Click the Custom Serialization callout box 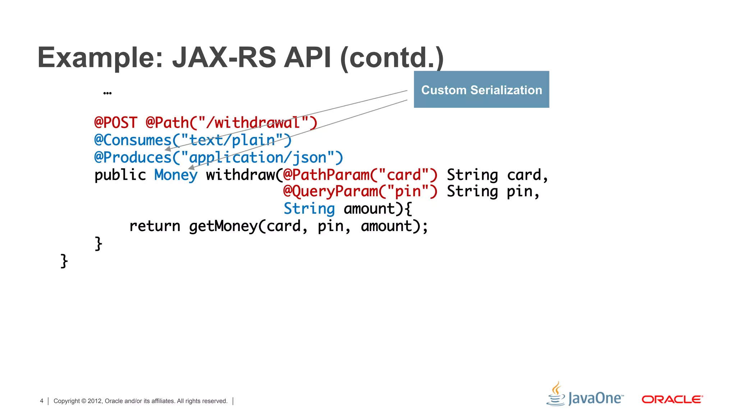click(x=481, y=89)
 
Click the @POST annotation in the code click(x=116, y=123)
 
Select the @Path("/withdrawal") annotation click(x=231, y=123)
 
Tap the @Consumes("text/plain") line click(x=193, y=140)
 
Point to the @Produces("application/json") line click(x=218, y=158)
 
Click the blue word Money click(x=176, y=175)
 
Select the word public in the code click(x=120, y=175)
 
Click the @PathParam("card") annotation click(x=360, y=175)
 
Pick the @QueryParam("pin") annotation click(x=360, y=192)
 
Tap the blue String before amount click(x=309, y=209)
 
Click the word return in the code click(x=155, y=226)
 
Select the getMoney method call click(x=223, y=226)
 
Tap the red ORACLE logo click(x=672, y=400)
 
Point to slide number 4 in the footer click(x=42, y=401)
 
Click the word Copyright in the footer click(x=66, y=401)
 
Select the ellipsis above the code click(x=107, y=93)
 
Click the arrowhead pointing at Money click(x=192, y=167)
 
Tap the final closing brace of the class click(x=64, y=261)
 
